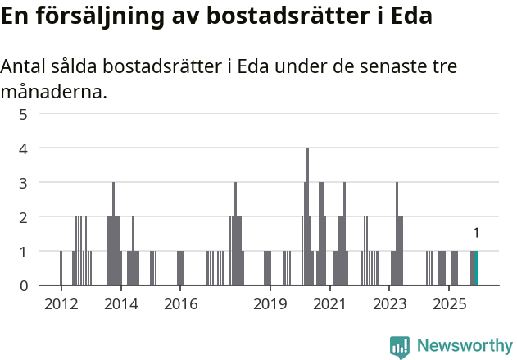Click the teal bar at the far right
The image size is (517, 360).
coord(475,268)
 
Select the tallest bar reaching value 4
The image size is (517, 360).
coord(307,216)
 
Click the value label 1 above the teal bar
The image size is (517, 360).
coord(476,234)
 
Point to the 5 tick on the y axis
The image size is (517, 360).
coord(24,114)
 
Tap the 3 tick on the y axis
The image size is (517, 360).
coord(24,183)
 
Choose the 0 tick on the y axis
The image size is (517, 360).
coord(24,285)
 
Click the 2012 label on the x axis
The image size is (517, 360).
coord(61,305)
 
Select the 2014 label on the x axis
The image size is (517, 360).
coord(121,305)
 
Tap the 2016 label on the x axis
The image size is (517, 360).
coord(180,305)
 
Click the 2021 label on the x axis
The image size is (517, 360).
coord(329,305)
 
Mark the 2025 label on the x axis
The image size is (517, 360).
coord(449,305)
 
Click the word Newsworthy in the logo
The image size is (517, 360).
coord(465,346)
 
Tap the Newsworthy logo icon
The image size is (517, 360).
coord(400,347)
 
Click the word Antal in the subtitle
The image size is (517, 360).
coord(24,67)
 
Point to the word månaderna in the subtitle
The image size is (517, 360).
coord(53,92)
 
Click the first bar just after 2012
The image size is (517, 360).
coord(61,268)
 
